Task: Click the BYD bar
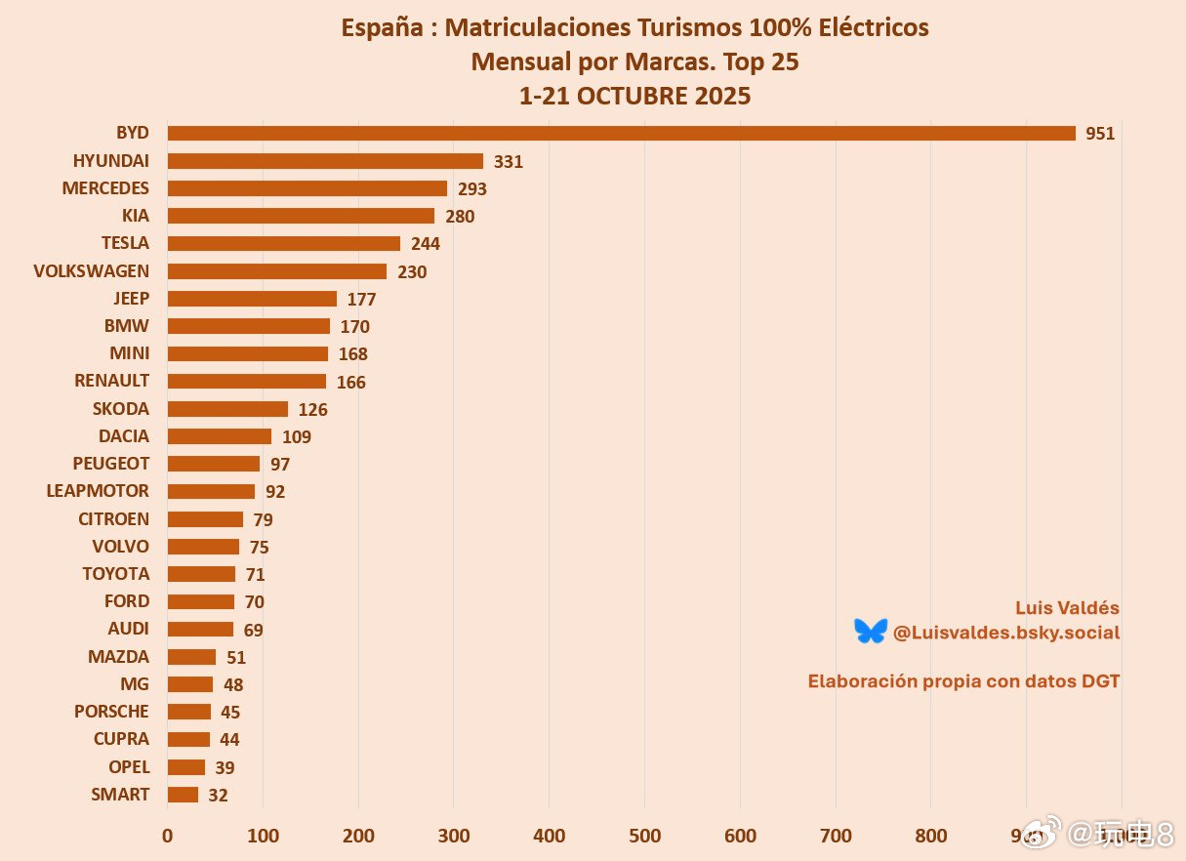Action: point(621,134)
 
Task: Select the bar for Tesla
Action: point(284,243)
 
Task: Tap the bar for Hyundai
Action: point(325,161)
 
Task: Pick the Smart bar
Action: point(183,795)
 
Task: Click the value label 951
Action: point(1100,135)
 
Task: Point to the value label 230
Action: point(412,272)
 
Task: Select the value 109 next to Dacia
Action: point(297,437)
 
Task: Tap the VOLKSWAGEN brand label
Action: point(92,271)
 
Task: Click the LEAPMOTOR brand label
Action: point(98,491)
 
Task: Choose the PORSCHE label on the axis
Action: point(111,712)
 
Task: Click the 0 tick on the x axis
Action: point(168,836)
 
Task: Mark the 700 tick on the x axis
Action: point(836,836)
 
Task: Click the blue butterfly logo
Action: point(870,632)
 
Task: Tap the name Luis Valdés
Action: point(1067,608)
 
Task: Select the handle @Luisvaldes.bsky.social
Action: point(1006,633)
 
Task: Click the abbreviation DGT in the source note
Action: point(1100,681)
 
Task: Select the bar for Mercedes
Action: point(307,188)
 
